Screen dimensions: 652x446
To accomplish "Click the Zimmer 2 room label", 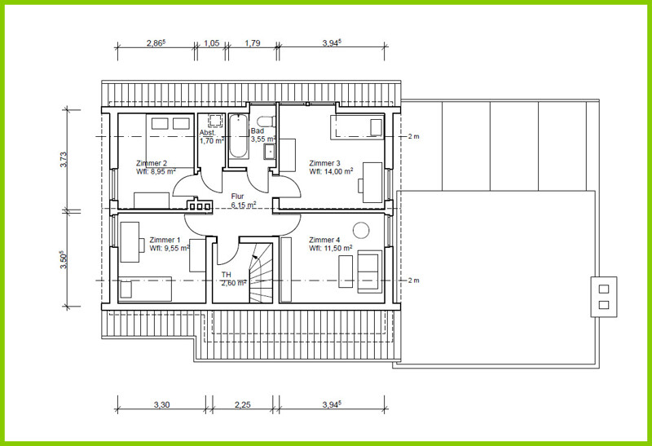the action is [x=152, y=164].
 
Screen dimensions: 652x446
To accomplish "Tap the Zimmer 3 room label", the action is [x=324, y=164].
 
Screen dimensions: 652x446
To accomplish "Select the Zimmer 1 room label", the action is [x=165, y=240].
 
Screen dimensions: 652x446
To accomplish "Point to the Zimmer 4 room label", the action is [x=324, y=240].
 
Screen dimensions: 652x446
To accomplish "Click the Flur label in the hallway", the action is [x=237, y=197].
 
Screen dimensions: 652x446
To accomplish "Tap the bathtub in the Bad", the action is [x=239, y=136].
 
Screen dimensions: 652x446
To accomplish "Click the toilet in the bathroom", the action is [x=266, y=122].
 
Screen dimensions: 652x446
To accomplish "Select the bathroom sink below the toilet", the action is [x=270, y=152].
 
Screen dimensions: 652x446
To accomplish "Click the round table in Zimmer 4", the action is [x=361, y=230].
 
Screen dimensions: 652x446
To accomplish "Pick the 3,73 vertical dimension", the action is [x=64, y=160].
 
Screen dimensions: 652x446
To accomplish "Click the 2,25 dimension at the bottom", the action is [x=242, y=404].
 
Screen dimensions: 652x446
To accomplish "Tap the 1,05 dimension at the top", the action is [x=212, y=43].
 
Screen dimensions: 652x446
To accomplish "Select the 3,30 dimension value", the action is [x=161, y=404].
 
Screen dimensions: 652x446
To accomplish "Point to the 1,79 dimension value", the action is [x=253, y=43].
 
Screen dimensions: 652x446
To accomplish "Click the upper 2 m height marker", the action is [x=413, y=136].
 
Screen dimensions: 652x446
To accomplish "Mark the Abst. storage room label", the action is [x=208, y=133].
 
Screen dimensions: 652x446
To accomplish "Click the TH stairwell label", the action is [x=227, y=275].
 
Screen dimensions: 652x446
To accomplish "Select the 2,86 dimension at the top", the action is [x=156, y=43].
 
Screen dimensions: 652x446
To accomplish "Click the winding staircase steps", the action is [x=260, y=273].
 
